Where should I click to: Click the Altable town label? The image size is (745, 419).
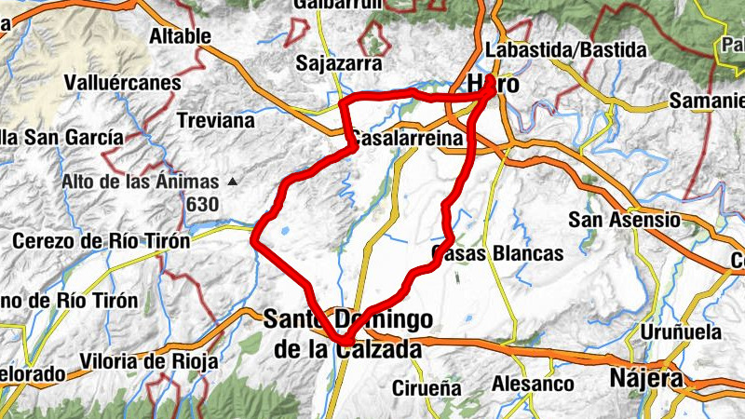181,37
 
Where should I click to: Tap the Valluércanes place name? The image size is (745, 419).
122,83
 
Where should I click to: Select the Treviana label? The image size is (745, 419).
215,121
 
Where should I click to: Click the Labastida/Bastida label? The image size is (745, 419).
566,49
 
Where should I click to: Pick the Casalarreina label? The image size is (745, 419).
407,138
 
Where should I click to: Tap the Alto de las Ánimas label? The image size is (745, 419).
142,182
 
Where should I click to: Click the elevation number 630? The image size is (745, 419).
201,204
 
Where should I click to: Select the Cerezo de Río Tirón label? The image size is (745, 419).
101,240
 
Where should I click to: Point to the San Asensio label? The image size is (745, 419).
625,221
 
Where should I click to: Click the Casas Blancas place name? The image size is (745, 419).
498,253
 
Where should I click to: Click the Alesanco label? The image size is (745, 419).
533,383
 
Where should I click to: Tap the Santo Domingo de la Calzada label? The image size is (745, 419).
347,333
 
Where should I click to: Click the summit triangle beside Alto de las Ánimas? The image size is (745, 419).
232,181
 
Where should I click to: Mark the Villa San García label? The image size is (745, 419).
61,138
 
